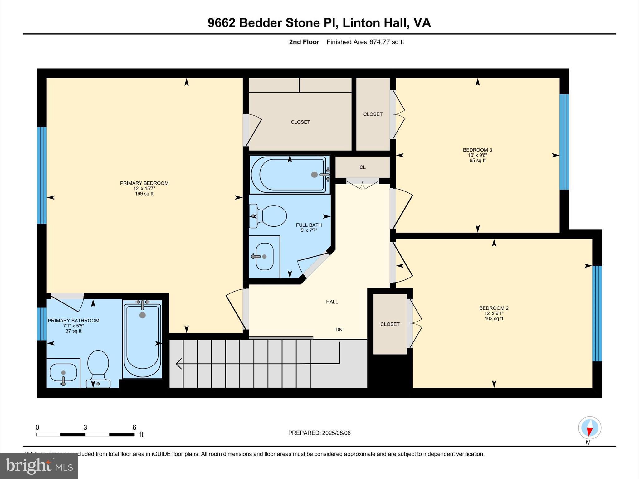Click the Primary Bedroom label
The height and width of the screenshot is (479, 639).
pyautogui.click(x=144, y=183)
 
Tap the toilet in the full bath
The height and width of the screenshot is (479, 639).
pyautogui.click(x=270, y=216)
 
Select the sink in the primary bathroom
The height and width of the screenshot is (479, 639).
pyautogui.click(x=63, y=373)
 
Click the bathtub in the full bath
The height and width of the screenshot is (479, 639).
pyautogui.click(x=290, y=175)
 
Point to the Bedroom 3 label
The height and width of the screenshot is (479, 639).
pyautogui.click(x=477, y=150)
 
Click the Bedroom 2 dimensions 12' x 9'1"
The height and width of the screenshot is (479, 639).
pyautogui.click(x=494, y=313)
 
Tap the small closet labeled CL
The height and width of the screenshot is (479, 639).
pyautogui.click(x=362, y=167)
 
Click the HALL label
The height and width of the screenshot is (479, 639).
pyautogui.click(x=332, y=302)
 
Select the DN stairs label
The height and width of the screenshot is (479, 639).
pyautogui.click(x=339, y=330)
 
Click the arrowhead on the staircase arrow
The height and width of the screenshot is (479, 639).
pyautogui.click(x=179, y=364)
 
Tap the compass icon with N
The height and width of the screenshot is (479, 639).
pyautogui.click(x=589, y=428)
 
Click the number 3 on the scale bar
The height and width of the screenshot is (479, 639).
pyautogui.click(x=85, y=428)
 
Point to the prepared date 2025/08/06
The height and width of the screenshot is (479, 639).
pyautogui.click(x=336, y=433)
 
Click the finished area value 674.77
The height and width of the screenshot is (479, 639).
pyautogui.click(x=380, y=42)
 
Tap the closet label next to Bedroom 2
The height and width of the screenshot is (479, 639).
pyautogui.click(x=390, y=324)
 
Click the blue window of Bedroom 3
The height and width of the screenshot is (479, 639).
pyautogui.click(x=564, y=142)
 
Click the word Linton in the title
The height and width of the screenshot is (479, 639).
pyautogui.click(x=360, y=23)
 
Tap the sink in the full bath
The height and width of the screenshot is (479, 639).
pyautogui.click(x=264, y=256)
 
